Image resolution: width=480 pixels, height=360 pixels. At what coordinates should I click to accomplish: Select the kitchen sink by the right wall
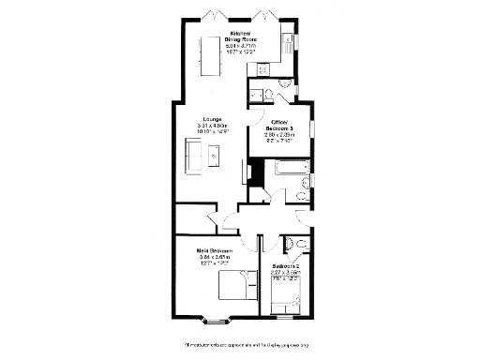click(283, 41)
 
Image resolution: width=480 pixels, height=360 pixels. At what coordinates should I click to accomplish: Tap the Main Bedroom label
click(215, 251)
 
